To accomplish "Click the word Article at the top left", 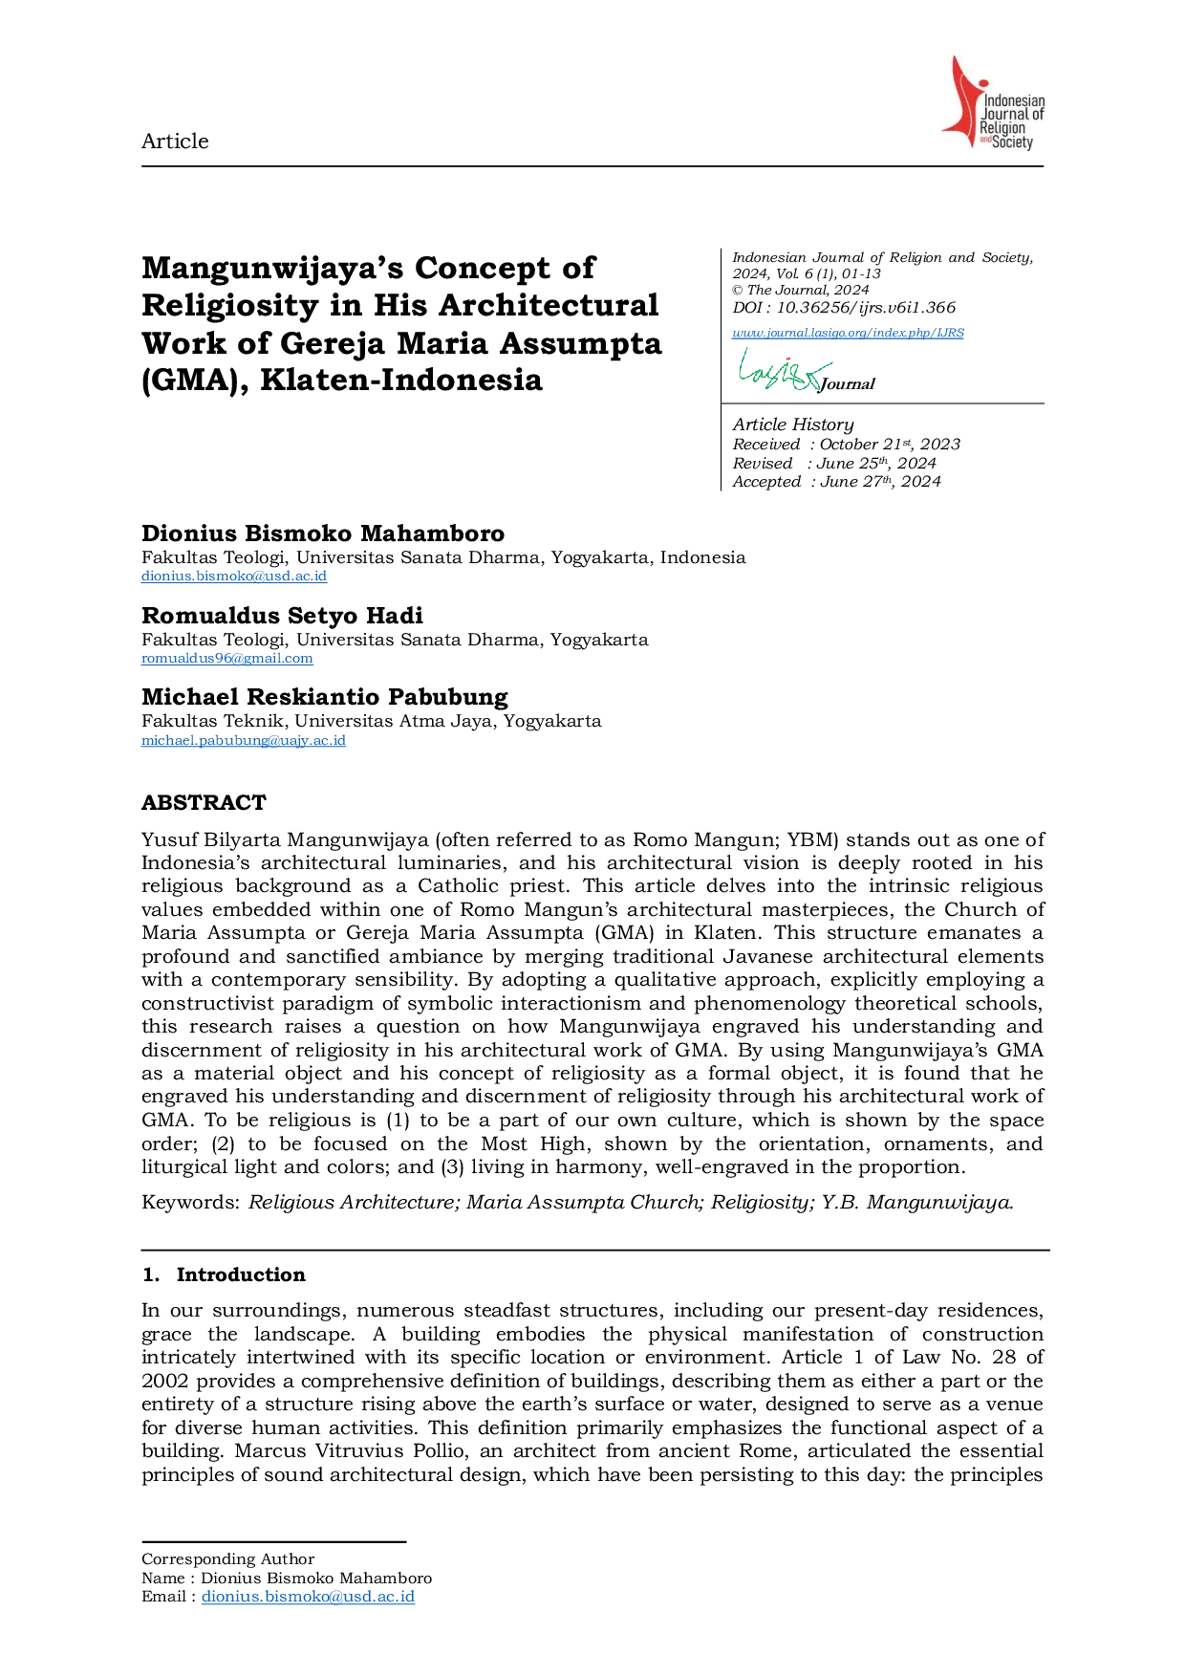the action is [x=175, y=142].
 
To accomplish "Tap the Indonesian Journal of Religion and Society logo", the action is [x=993, y=103].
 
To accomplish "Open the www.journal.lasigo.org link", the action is [x=848, y=333].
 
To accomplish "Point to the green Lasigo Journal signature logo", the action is [x=806, y=370].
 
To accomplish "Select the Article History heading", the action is [x=793, y=425].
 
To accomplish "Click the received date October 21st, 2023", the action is [x=890, y=445].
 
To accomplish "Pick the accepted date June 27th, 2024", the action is [x=880, y=482].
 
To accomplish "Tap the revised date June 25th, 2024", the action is [x=876, y=464].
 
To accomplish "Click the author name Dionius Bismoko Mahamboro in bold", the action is [x=323, y=534].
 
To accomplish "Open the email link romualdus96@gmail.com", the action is [x=227, y=659].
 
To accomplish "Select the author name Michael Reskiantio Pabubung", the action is [x=325, y=697].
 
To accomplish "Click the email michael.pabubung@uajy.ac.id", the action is [x=244, y=741].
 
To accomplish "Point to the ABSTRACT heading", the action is [x=204, y=802].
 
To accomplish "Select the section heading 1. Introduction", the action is [x=224, y=1274].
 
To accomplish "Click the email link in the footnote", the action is [x=308, y=1597].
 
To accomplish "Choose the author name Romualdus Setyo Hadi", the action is [x=282, y=616].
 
